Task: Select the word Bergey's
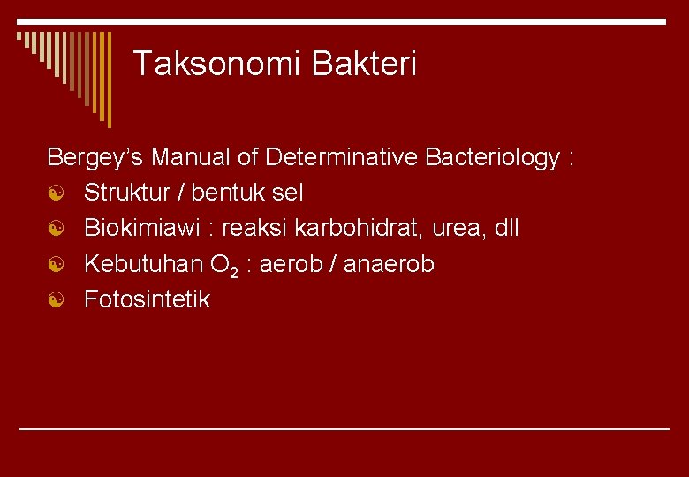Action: point(95,158)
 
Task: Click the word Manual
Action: point(191,158)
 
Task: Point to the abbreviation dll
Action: point(507,228)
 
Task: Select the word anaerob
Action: point(386,264)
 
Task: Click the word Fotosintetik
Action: point(147,299)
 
